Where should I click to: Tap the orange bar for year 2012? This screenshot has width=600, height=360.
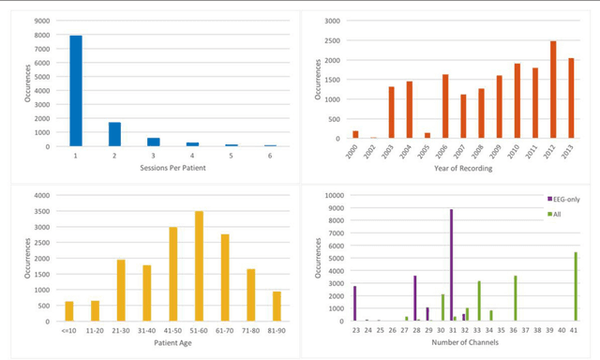coord(527,90)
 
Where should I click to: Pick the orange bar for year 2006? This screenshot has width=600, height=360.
coord(445,107)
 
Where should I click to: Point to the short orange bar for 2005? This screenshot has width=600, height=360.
coord(427,136)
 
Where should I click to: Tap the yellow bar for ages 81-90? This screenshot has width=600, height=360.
coord(277,307)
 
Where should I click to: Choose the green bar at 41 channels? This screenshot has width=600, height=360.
coord(576,287)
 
